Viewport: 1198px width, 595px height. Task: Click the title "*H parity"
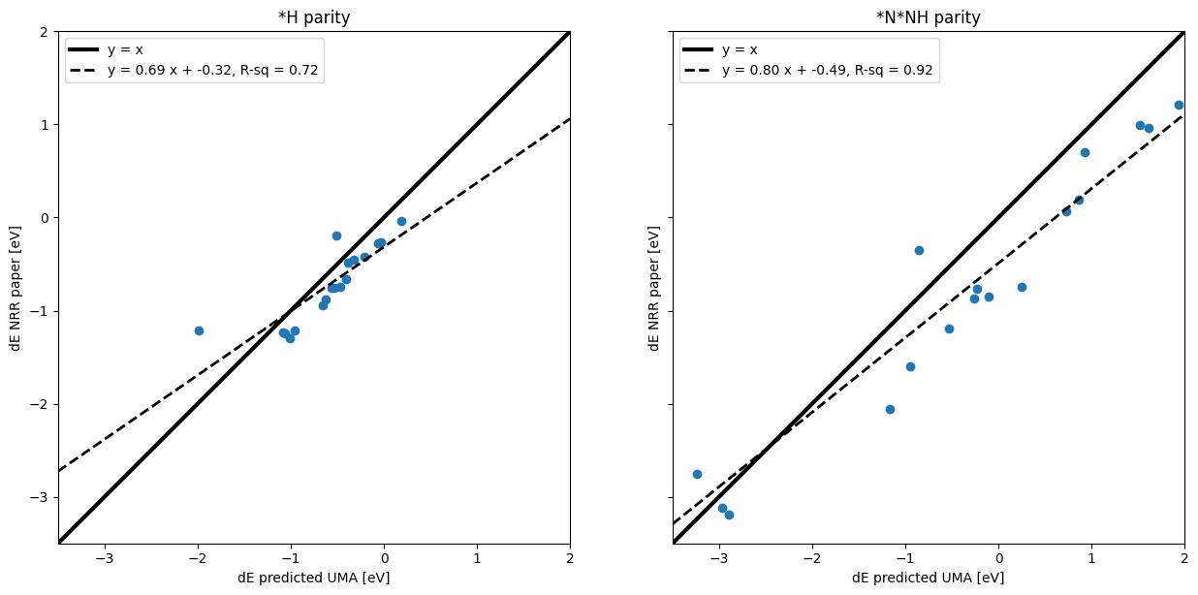(x=314, y=17)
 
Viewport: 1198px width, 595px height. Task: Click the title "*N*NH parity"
(x=928, y=17)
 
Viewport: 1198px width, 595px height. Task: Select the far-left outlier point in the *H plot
(x=199, y=330)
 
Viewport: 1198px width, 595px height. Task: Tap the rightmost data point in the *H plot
(x=401, y=221)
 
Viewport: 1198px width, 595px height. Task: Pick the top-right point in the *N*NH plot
(x=1179, y=105)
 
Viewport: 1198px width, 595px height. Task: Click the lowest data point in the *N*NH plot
(x=729, y=515)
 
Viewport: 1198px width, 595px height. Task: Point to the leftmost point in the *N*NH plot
(x=697, y=474)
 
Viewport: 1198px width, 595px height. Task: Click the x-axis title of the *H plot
(x=314, y=578)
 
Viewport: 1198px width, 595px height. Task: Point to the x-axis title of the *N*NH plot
(x=928, y=578)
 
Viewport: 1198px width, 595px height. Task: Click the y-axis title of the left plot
(x=16, y=288)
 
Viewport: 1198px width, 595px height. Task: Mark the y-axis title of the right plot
(x=654, y=288)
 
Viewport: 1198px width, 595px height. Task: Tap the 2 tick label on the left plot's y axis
(x=45, y=31)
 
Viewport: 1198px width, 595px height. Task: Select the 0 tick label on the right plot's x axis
(x=998, y=559)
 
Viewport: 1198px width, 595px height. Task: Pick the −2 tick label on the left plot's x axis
(x=198, y=559)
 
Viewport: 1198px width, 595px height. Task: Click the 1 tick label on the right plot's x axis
(x=1091, y=559)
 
